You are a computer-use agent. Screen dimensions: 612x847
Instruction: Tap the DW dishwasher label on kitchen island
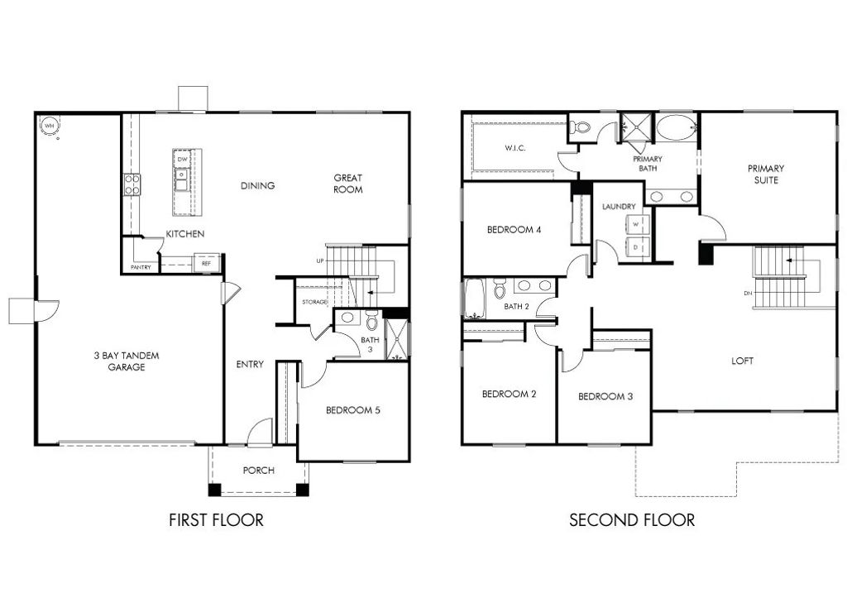tap(182, 159)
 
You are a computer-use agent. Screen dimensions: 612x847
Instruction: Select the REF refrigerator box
tap(206, 264)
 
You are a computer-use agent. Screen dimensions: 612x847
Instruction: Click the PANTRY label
tap(140, 267)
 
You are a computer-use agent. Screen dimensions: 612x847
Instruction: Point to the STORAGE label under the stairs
tap(315, 303)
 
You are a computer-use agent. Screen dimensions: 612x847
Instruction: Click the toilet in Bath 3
tap(371, 319)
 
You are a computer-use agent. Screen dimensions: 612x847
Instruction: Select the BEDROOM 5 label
tap(353, 410)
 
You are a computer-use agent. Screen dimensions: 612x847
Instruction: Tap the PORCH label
tap(258, 471)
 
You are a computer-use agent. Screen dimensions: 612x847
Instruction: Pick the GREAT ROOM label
tap(348, 184)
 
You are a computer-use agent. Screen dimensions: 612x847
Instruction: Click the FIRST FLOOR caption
tap(216, 520)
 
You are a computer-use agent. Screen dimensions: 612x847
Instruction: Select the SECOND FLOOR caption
tap(632, 520)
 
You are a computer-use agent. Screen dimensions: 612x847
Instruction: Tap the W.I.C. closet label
tap(516, 148)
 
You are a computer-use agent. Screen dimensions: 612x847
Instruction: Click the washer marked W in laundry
tap(636, 223)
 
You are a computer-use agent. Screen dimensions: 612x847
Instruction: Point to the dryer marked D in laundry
tap(636, 246)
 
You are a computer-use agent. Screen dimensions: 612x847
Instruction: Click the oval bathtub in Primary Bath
tap(677, 129)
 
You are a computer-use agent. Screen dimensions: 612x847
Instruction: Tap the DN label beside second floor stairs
tap(747, 292)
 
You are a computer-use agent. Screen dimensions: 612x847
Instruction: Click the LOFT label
tap(743, 361)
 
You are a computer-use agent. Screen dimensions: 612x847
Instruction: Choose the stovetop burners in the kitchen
tap(132, 184)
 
